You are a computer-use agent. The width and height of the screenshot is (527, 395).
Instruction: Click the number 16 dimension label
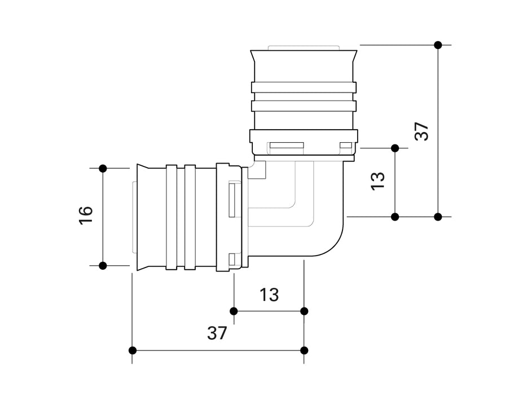86,216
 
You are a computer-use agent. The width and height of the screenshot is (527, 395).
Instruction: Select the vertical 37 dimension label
422,131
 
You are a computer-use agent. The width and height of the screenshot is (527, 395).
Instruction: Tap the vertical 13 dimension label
378,180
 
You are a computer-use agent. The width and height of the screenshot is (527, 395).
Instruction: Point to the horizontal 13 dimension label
269,295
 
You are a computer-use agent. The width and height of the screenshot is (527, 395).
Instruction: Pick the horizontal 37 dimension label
217,333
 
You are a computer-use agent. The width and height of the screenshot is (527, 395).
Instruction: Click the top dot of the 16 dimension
103,168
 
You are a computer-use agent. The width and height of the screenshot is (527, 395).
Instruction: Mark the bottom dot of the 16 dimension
103,265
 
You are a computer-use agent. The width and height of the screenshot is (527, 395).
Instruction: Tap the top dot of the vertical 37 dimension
438,45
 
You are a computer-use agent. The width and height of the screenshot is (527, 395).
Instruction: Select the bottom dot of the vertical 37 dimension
438,216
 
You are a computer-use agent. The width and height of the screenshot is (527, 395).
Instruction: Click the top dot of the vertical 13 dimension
395,148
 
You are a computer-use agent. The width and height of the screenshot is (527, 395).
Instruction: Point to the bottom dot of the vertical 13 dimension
395,216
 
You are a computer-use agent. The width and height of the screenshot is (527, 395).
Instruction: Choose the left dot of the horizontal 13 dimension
234,311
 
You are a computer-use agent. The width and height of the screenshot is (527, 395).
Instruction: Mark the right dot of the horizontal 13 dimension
304,311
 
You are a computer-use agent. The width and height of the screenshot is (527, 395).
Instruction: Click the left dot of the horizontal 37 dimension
133,350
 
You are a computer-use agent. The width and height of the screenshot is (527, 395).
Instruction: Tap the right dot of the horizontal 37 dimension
304,350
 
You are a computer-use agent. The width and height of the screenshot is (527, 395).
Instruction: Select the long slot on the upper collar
287,147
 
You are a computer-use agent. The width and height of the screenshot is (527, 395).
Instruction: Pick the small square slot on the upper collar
345,147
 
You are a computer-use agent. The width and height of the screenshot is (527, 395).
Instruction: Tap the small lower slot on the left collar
232,260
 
